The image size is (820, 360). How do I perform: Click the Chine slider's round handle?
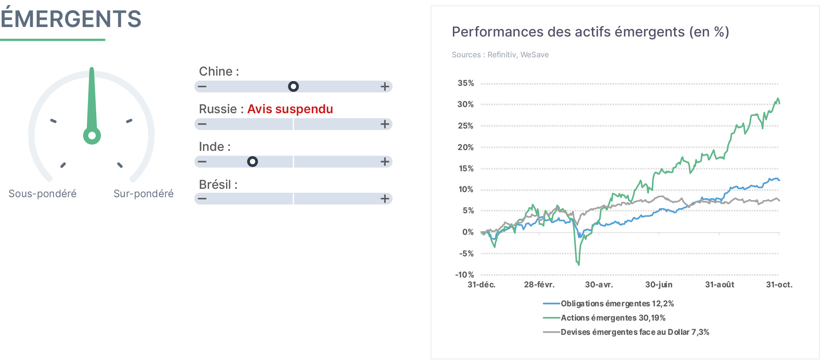coord(293,87)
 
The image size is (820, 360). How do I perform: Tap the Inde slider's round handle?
coord(253,161)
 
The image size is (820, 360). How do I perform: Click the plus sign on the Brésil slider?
coord(385,199)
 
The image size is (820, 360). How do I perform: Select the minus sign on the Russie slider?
coord(202,124)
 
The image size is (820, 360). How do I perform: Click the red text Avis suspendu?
coord(290,109)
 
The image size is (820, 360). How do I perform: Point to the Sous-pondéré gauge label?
coord(43,194)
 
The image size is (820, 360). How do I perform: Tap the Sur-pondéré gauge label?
coord(143,194)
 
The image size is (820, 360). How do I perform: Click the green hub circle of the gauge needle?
coord(92,136)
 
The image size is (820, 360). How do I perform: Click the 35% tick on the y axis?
coord(466,83)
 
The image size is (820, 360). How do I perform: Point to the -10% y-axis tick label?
coord(464,275)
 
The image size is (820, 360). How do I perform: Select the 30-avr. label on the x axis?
coord(599,285)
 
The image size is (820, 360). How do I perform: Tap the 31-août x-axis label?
coord(719,285)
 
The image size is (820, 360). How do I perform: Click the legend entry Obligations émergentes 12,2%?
coord(608,303)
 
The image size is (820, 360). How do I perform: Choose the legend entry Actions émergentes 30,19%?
coord(604,318)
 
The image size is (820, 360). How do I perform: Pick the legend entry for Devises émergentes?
coord(626,332)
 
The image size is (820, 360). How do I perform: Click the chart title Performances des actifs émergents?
coord(590,32)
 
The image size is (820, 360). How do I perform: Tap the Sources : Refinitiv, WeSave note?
coord(500,55)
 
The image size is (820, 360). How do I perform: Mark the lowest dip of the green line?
coord(579,264)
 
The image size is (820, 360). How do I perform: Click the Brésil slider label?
coord(218,185)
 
